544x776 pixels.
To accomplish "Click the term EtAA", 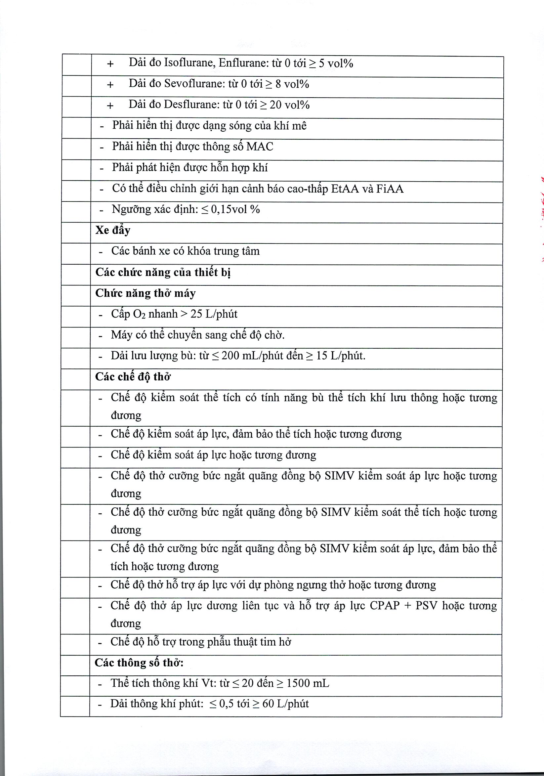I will (x=345, y=189).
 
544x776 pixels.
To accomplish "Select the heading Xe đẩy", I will (x=113, y=231).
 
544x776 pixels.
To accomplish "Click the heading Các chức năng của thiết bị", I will (x=163, y=273).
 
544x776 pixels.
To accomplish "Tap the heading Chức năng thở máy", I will (x=145, y=293).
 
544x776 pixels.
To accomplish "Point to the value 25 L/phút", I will (x=214, y=314).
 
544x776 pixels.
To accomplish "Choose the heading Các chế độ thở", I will (x=133, y=377).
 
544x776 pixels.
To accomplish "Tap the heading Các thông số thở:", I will (x=139, y=663).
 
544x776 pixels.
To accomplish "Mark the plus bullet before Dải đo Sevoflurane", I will (x=110, y=84).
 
